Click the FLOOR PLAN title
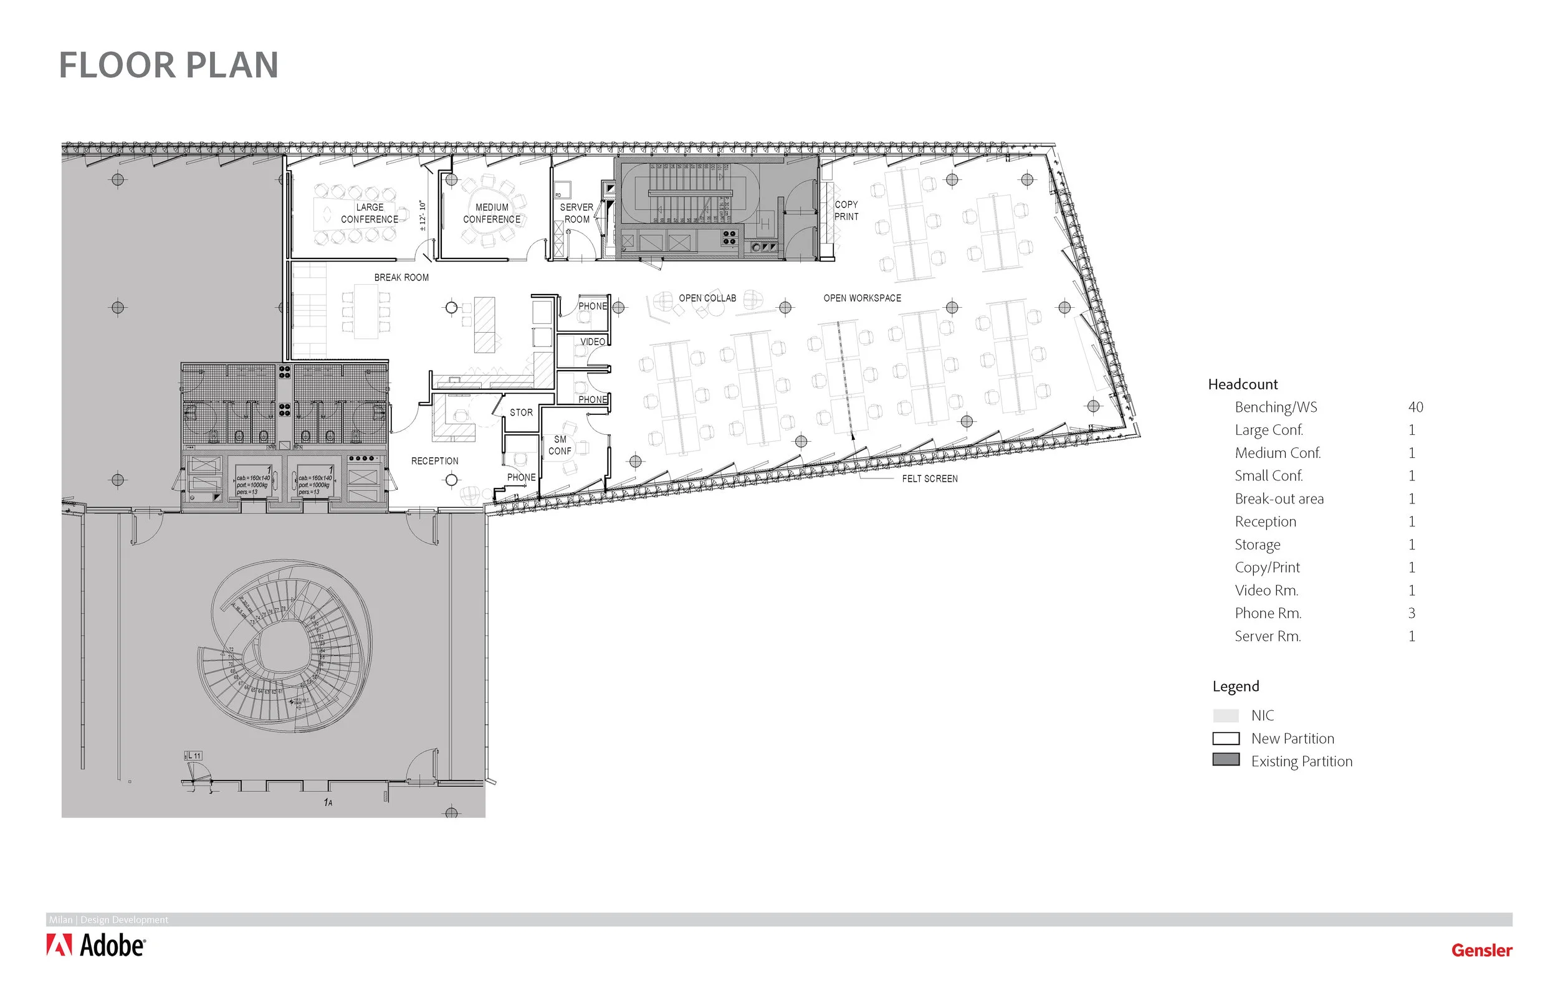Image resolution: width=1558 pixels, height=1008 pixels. pyautogui.click(x=169, y=65)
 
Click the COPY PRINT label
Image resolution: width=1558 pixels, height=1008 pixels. pyautogui.click(x=846, y=211)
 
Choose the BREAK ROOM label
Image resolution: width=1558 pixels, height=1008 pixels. pyautogui.click(x=401, y=277)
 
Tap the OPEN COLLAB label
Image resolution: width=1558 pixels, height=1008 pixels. pyautogui.click(x=707, y=298)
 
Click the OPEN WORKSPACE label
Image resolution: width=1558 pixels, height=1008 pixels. pyautogui.click(x=862, y=298)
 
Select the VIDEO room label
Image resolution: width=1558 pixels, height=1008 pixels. pyautogui.click(x=593, y=341)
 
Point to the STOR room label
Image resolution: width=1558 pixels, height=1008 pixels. pyautogui.click(x=521, y=412)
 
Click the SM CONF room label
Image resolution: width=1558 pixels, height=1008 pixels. pyautogui.click(x=560, y=445)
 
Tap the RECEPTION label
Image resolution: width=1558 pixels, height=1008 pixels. pyautogui.click(x=434, y=461)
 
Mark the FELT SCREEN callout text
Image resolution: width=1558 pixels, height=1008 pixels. pyautogui.click(x=930, y=478)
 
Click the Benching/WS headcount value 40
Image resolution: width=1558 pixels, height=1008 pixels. pyautogui.click(x=1415, y=407)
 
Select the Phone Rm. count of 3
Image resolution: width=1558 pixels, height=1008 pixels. pyautogui.click(x=1412, y=613)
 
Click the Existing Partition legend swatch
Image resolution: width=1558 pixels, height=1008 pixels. pyautogui.click(x=1226, y=760)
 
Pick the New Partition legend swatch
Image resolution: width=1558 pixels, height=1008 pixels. pyautogui.click(x=1226, y=738)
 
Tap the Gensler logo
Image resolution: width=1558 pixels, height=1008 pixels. pyautogui.click(x=1481, y=949)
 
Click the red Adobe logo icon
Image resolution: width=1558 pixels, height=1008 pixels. pyautogui.click(x=59, y=945)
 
